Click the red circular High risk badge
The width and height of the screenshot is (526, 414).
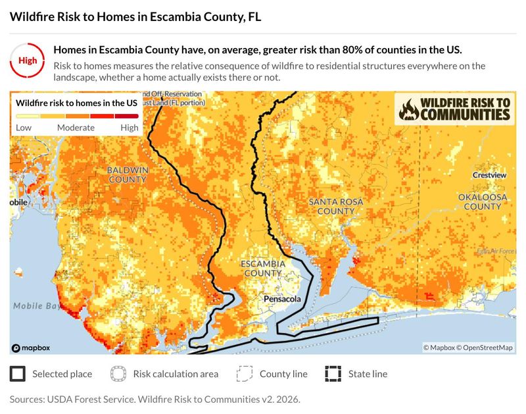pos(28,61)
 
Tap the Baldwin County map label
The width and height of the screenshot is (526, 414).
pos(128,174)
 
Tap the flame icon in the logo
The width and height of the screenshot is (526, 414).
pos(409,109)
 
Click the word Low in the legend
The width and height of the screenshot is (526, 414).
pos(24,127)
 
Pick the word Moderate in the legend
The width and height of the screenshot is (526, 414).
pos(76,127)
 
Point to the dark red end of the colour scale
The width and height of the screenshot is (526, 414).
pos(127,116)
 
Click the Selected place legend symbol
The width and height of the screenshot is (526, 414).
pos(18,374)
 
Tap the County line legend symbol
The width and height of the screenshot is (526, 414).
pos(245,374)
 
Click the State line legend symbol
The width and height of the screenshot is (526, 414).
pos(333,374)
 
